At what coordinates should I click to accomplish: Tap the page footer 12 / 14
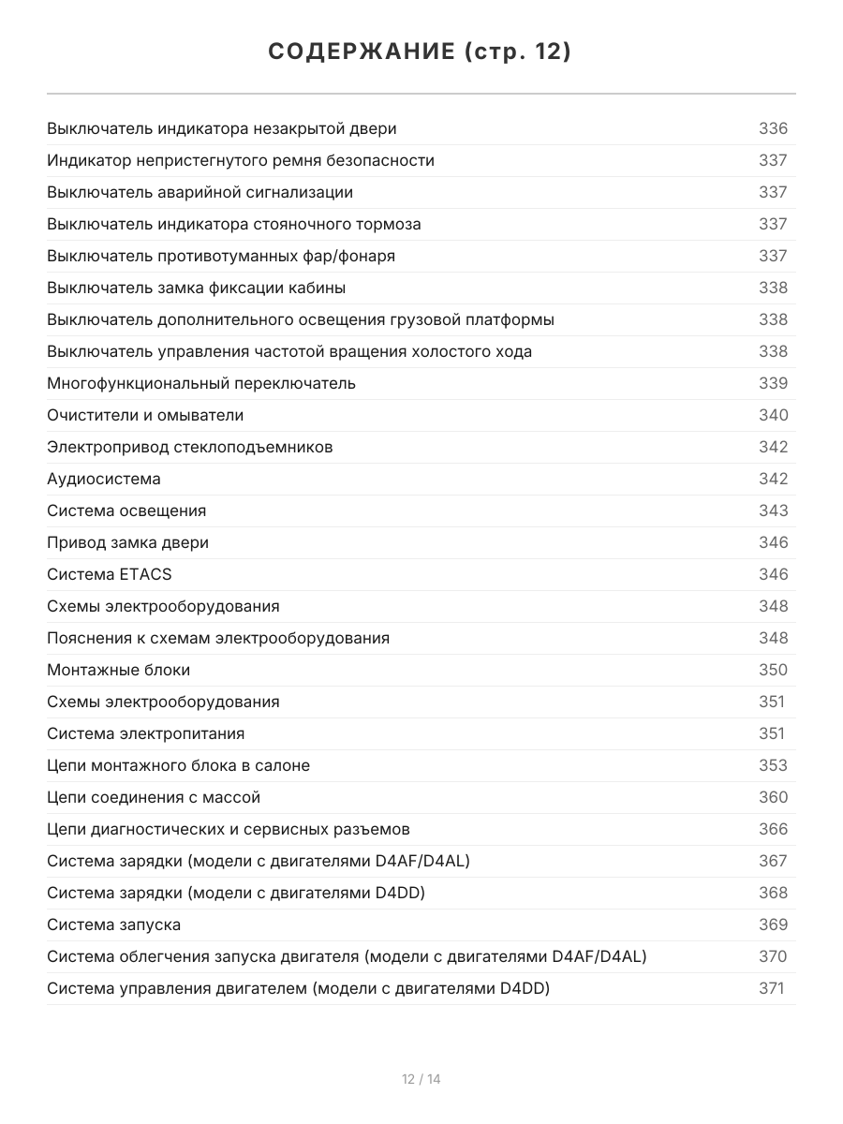[421, 1079]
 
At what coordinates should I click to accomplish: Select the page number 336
[773, 128]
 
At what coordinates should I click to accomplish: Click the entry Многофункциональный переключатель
[201, 383]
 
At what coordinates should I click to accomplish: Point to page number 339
[773, 383]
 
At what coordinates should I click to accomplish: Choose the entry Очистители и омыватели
[145, 415]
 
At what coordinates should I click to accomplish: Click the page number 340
[773, 415]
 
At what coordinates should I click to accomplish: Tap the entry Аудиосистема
[104, 479]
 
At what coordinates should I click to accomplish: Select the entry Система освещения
[126, 510]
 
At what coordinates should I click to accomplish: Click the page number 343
[773, 510]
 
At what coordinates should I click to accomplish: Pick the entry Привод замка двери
[128, 542]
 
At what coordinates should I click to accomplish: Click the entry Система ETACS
[110, 574]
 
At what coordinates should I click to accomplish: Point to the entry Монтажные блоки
[119, 670]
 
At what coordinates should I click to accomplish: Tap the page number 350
[773, 670]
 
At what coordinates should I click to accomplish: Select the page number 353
[773, 765]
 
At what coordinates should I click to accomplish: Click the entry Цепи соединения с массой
[154, 797]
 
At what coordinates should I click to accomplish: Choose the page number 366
[773, 829]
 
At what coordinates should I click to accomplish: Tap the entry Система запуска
[114, 924]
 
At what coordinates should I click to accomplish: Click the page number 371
[771, 988]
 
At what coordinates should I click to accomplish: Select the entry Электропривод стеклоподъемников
[190, 447]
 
